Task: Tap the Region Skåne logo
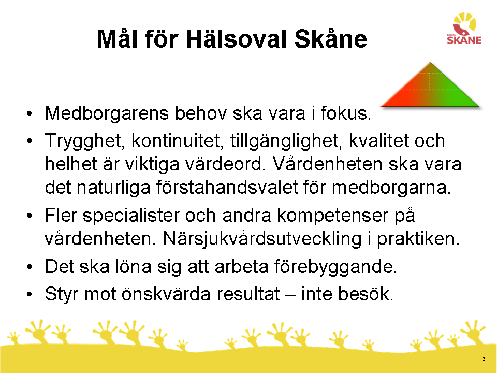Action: pyautogui.click(x=464, y=28)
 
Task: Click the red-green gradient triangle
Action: pyautogui.click(x=430, y=85)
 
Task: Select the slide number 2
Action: pyautogui.click(x=484, y=359)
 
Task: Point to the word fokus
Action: pyautogui.click(x=345, y=113)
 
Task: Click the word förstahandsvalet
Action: pyautogui.click(x=227, y=187)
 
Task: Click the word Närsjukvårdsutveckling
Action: pyautogui.click(x=262, y=238)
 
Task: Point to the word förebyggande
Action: pyautogui.click(x=335, y=266)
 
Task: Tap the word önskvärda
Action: pyautogui.click(x=166, y=294)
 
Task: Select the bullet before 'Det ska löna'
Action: pyautogui.click(x=30, y=267)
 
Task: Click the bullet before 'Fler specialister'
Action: pyautogui.click(x=30, y=216)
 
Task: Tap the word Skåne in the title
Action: pyautogui.click(x=331, y=39)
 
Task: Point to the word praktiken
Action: pyautogui.click(x=418, y=238)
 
